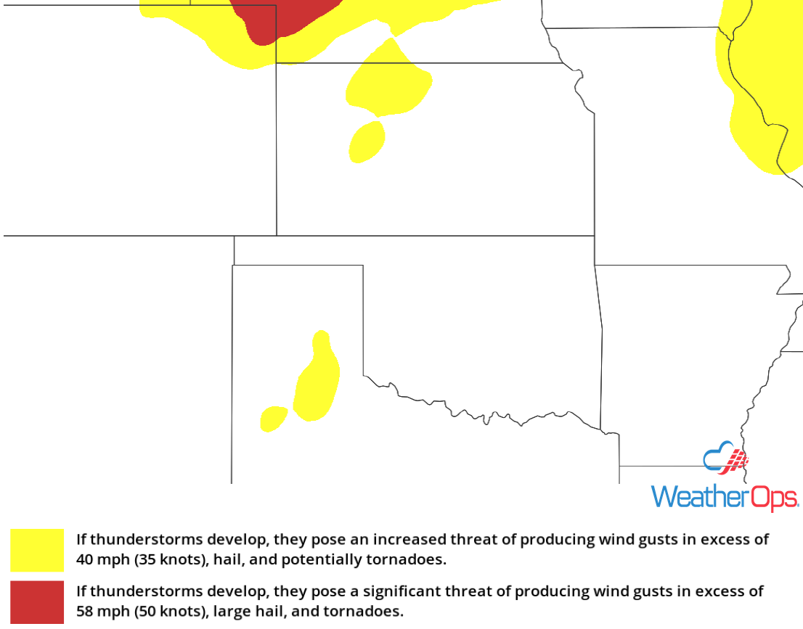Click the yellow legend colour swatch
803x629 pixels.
click(36, 550)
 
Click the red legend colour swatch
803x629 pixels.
click(36, 601)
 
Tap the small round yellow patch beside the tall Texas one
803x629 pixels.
click(274, 419)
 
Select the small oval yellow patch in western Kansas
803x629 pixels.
click(367, 141)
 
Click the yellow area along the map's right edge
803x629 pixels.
click(762, 87)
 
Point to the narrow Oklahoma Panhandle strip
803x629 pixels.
click(298, 250)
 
